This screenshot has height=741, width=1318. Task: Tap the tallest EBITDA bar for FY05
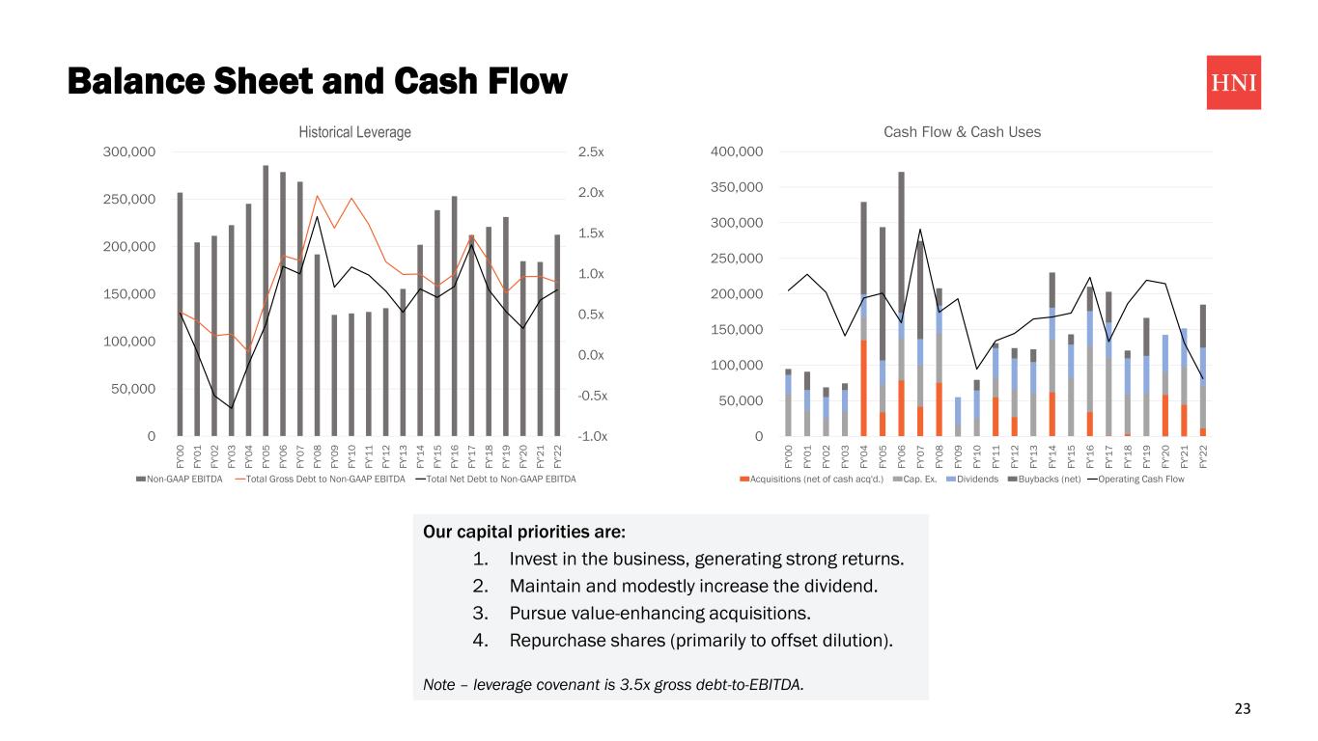tap(266, 299)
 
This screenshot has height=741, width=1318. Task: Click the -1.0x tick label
tap(592, 436)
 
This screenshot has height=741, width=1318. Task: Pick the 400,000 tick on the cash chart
tap(737, 152)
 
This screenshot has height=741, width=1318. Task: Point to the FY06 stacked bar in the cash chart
tap(901, 289)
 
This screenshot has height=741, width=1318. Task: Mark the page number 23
tap(1242, 709)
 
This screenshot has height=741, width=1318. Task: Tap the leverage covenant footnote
tap(613, 685)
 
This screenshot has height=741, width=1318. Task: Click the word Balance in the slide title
tap(133, 81)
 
